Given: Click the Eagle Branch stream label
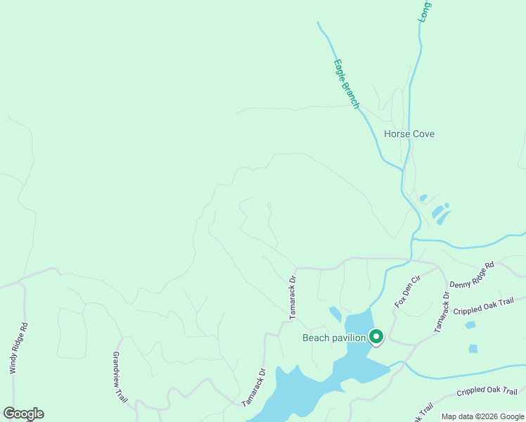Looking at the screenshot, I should [x=345, y=84].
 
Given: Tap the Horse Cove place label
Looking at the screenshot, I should [x=409, y=134].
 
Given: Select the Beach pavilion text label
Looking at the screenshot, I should [x=334, y=338].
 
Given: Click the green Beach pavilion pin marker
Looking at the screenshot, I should [x=376, y=338].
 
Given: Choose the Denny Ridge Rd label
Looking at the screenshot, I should [x=472, y=274].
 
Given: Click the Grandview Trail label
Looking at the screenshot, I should [x=120, y=377].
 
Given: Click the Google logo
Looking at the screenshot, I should [x=23, y=414].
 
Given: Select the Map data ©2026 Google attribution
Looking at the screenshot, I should [x=482, y=416].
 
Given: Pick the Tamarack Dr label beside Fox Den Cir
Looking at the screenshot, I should [x=441, y=311].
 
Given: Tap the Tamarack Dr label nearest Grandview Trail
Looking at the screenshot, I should [x=253, y=388].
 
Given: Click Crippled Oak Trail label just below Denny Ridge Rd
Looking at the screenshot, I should [x=484, y=307].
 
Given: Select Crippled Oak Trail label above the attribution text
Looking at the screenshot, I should [x=487, y=392].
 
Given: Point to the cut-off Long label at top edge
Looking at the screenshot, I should [x=425, y=11].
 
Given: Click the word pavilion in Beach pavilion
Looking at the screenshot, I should [x=349, y=338].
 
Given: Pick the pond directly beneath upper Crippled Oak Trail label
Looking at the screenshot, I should [x=470, y=325].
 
